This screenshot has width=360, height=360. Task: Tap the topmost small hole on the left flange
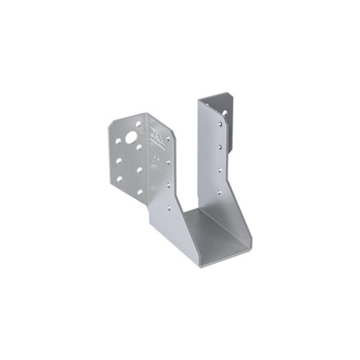(138, 123)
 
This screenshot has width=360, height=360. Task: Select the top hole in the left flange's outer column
(118, 141)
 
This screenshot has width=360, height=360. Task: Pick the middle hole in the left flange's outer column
(119, 160)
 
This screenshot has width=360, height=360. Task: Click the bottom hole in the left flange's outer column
(119, 178)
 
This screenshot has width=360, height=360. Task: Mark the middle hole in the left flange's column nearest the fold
(139, 169)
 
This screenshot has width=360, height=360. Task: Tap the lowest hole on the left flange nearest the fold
(140, 191)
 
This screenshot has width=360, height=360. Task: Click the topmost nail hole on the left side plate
(167, 138)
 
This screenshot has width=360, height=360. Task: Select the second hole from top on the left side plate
(168, 162)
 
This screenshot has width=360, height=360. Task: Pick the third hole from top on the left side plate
(168, 185)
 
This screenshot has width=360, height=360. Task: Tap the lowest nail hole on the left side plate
(169, 205)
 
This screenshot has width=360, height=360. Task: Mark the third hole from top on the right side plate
(220, 170)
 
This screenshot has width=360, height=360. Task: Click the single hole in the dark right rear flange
(225, 113)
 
